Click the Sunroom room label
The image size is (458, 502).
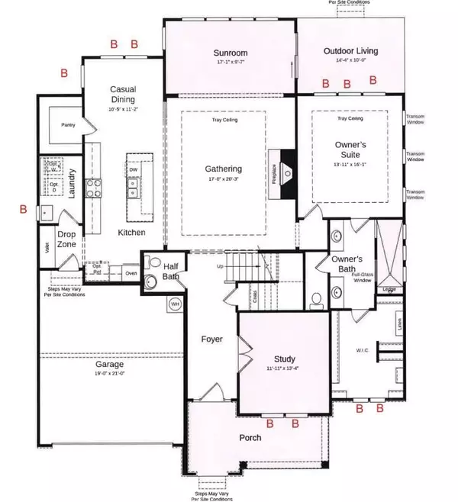tap(230, 53)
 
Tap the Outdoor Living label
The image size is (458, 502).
tap(350, 51)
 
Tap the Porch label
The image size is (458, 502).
tap(250, 437)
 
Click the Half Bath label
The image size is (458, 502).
tap(171, 270)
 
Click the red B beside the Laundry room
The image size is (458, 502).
tap(23, 208)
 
